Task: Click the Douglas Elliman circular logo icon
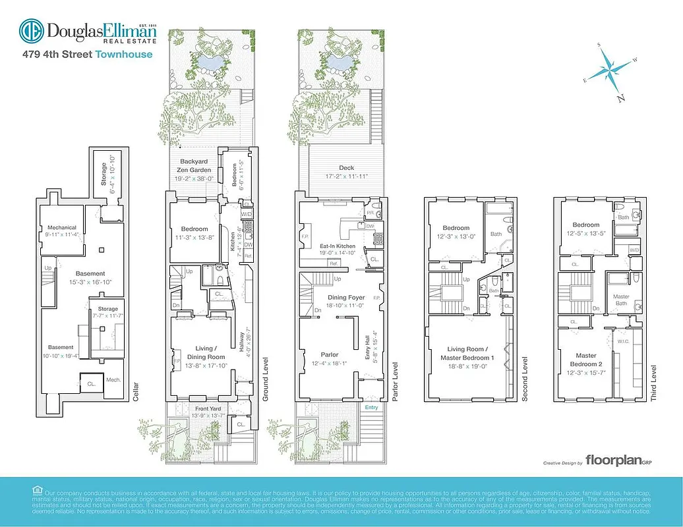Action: (31, 31)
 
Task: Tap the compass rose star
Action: (611, 70)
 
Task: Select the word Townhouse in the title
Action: (124, 55)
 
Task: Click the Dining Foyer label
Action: (347, 298)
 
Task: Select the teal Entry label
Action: (371, 408)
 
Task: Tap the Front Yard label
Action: (208, 409)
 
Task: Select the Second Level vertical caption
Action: (525, 379)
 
